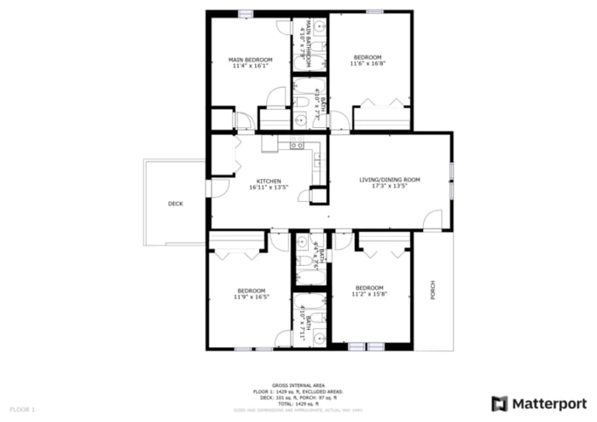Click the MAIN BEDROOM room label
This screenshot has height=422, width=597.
pos(251,60)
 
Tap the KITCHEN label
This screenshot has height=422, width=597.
pos(270,181)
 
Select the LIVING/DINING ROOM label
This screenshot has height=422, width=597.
pos(390,180)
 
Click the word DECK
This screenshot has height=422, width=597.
pos(175,204)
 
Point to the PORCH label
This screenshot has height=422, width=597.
pos(432,291)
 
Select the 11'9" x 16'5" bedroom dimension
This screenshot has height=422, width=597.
pos(252,297)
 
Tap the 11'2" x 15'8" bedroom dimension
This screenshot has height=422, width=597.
pos(370,295)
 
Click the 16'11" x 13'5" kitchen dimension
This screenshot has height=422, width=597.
pos(270,188)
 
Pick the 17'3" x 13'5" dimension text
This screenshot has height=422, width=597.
pos(390,187)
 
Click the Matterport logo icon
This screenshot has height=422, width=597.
pos(499,402)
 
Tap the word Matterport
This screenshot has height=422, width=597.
pos(547,402)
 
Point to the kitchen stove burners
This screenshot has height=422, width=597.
pos(297,143)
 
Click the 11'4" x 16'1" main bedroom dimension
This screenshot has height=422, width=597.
pos(251,66)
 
